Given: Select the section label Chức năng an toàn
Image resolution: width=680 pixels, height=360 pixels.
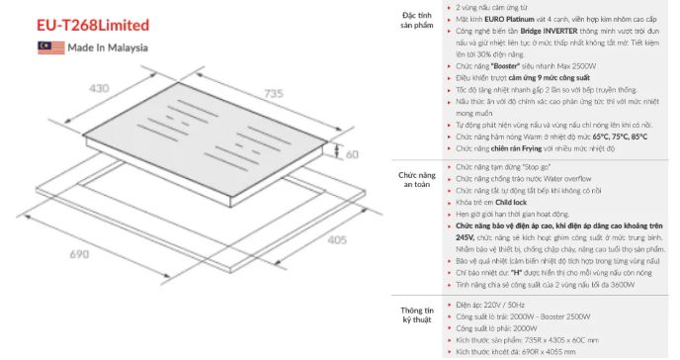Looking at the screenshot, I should pyautogui.click(x=417, y=180).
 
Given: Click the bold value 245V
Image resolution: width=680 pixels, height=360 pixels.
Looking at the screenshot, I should pyautogui.click(x=465, y=238).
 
